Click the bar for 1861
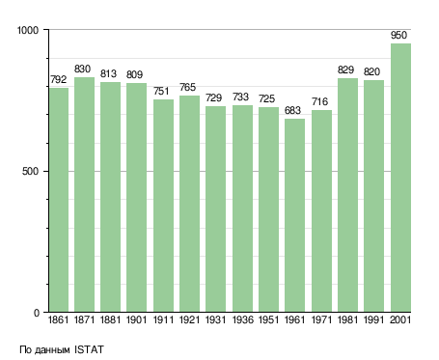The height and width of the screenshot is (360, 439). tap(59, 200)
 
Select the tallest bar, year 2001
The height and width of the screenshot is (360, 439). tap(400, 178)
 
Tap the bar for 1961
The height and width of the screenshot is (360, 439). tap(294, 215)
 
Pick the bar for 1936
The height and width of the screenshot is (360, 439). tap(242, 208)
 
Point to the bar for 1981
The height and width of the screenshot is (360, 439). tap(347, 195)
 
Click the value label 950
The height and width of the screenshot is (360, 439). tap(398, 35)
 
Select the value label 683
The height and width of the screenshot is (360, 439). tap(292, 110)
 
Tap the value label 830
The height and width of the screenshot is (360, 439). tap(82, 69)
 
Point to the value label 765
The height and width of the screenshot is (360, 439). tap(187, 87)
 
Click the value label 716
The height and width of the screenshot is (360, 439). tap(319, 101)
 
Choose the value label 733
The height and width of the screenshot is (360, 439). tap(240, 97)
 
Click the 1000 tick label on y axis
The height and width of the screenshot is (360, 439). tap(28, 30)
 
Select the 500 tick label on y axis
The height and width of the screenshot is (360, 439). tap(30, 171)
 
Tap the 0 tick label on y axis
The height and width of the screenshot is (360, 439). tap(37, 313)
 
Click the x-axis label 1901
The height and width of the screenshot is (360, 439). tap(136, 319)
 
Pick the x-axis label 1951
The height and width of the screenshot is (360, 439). tap(268, 319)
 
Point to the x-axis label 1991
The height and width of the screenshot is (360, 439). tap(373, 319)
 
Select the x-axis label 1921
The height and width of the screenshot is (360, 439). tap(189, 319)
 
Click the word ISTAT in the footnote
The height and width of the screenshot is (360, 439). tap(89, 349)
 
